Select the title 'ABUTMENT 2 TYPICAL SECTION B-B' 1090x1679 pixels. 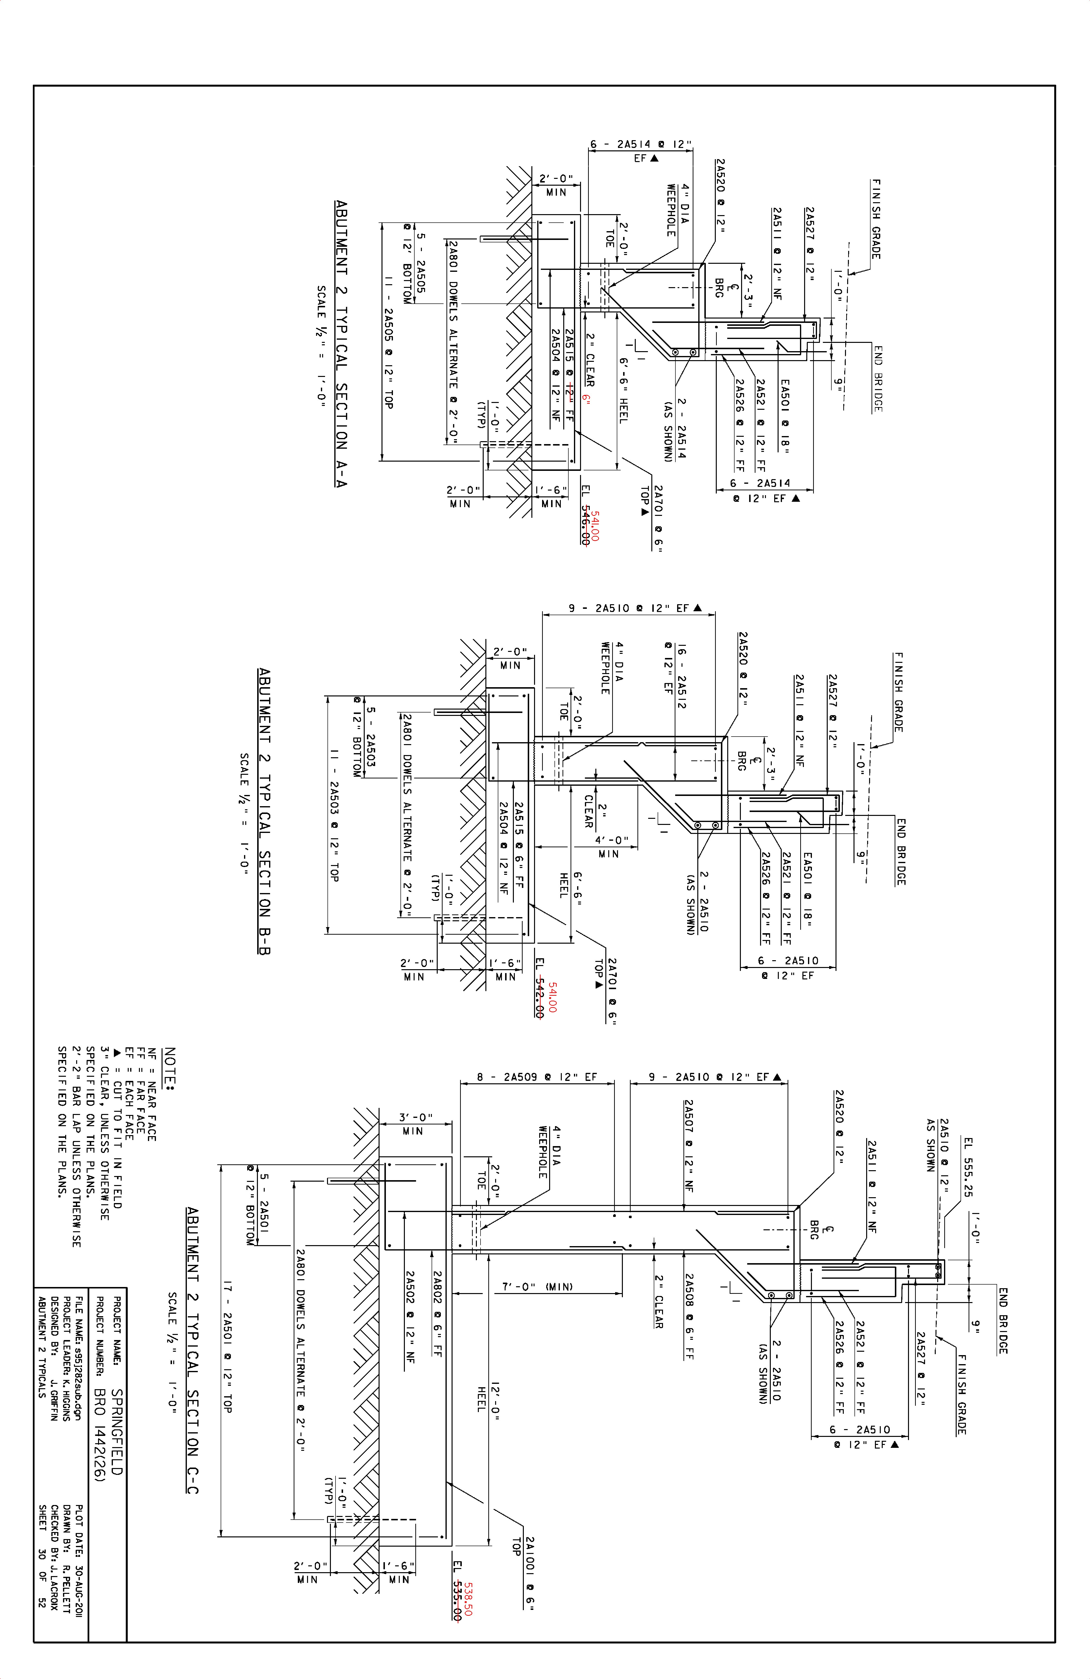pos(264,811)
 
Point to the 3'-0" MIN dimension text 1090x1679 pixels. pos(416,1124)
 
